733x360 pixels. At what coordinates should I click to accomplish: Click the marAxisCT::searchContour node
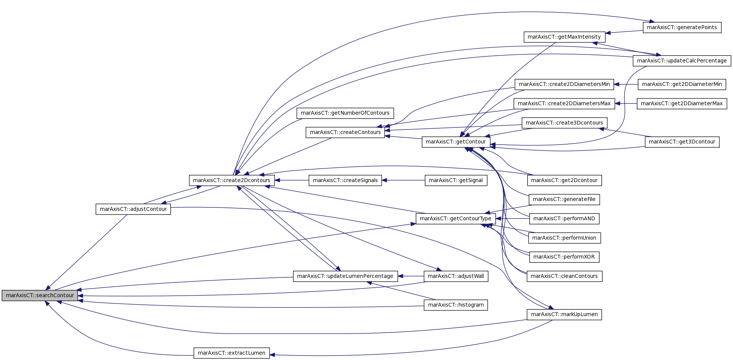[40, 295]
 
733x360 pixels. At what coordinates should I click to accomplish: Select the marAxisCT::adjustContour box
[133, 209]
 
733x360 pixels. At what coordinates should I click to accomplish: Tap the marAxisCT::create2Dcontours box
[232, 180]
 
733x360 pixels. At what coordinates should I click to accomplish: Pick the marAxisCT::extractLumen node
[232, 353]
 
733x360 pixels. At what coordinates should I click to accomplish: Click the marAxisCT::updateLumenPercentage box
[345, 276]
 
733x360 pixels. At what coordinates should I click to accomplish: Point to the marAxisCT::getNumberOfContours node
[345, 113]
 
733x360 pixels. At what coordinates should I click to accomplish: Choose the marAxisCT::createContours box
[345, 132]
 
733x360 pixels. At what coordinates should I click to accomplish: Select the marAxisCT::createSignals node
[345, 180]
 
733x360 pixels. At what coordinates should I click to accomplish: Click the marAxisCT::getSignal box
[456, 180]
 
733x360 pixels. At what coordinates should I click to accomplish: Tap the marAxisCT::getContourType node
[456, 218]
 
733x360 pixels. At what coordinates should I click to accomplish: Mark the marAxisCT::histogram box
[456, 305]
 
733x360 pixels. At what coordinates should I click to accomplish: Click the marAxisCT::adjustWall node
[456, 276]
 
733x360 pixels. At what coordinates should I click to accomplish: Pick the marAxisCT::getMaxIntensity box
[564, 37]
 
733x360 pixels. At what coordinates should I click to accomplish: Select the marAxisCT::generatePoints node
[682, 27]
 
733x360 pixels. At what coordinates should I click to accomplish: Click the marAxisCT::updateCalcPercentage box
[682, 61]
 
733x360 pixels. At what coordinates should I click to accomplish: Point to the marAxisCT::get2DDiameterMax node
[682, 103]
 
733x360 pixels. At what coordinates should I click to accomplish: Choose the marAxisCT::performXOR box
[564, 257]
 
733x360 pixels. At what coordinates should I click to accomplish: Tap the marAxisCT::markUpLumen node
[564, 314]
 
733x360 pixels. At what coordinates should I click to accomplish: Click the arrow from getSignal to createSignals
[403, 180]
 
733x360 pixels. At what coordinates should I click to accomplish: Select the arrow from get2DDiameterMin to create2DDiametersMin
[626, 84]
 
